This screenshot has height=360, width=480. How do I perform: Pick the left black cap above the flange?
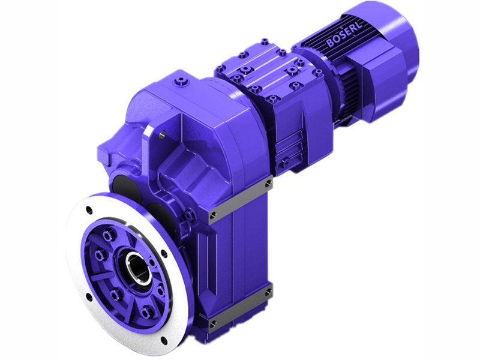(x=121, y=185)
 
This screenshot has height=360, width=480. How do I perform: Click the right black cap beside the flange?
(x=157, y=213)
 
